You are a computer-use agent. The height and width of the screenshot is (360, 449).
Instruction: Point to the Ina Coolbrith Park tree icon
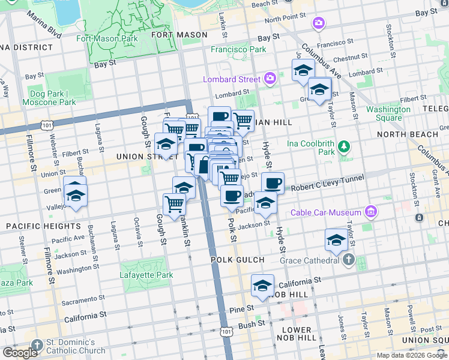tap(343, 146)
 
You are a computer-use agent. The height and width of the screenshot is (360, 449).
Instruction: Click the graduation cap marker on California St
tap(262, 287)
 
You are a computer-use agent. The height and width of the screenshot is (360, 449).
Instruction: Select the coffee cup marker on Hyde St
tap(273, 183)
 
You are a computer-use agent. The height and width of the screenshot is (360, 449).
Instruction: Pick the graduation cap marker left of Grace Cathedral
tap(336, 241)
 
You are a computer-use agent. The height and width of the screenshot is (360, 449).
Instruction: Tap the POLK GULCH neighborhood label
tap(238, 259)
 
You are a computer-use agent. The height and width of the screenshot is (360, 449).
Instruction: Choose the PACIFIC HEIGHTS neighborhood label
tap(43, 226)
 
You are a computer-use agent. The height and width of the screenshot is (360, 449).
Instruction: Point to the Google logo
tap(19, 353)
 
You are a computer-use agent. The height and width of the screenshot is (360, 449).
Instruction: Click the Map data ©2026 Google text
tap(412, 355)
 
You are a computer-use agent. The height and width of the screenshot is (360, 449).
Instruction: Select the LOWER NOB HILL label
tap(297, 334)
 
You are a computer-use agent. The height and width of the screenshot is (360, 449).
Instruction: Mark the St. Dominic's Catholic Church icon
tap(38, 345)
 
